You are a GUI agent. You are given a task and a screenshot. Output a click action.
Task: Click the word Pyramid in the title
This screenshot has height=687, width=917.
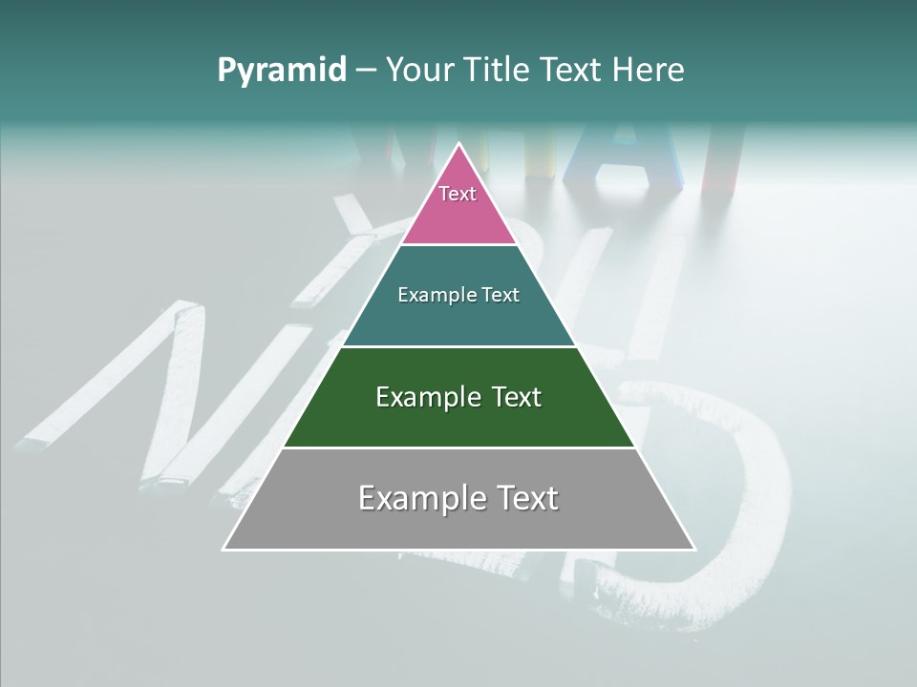click(282, 71)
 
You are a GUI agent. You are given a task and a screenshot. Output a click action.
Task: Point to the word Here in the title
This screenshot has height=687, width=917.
click(648, 71)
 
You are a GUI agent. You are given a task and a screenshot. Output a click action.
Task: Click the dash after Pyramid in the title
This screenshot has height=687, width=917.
click(366, 71)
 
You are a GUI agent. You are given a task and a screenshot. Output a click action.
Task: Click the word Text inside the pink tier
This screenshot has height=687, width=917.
click(458, 194)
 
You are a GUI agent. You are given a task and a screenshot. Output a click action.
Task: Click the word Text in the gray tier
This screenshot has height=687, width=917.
click(524, 498)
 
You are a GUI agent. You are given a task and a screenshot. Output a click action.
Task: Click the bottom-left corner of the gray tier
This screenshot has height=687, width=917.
click(224, 549)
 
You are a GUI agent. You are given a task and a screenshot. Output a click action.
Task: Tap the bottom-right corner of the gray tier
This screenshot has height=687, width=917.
click(693, 549)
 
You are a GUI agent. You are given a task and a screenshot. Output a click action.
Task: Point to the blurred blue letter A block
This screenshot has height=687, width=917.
click(611, 157)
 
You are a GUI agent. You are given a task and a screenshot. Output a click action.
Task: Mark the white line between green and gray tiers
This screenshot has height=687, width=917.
click(459, 448)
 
